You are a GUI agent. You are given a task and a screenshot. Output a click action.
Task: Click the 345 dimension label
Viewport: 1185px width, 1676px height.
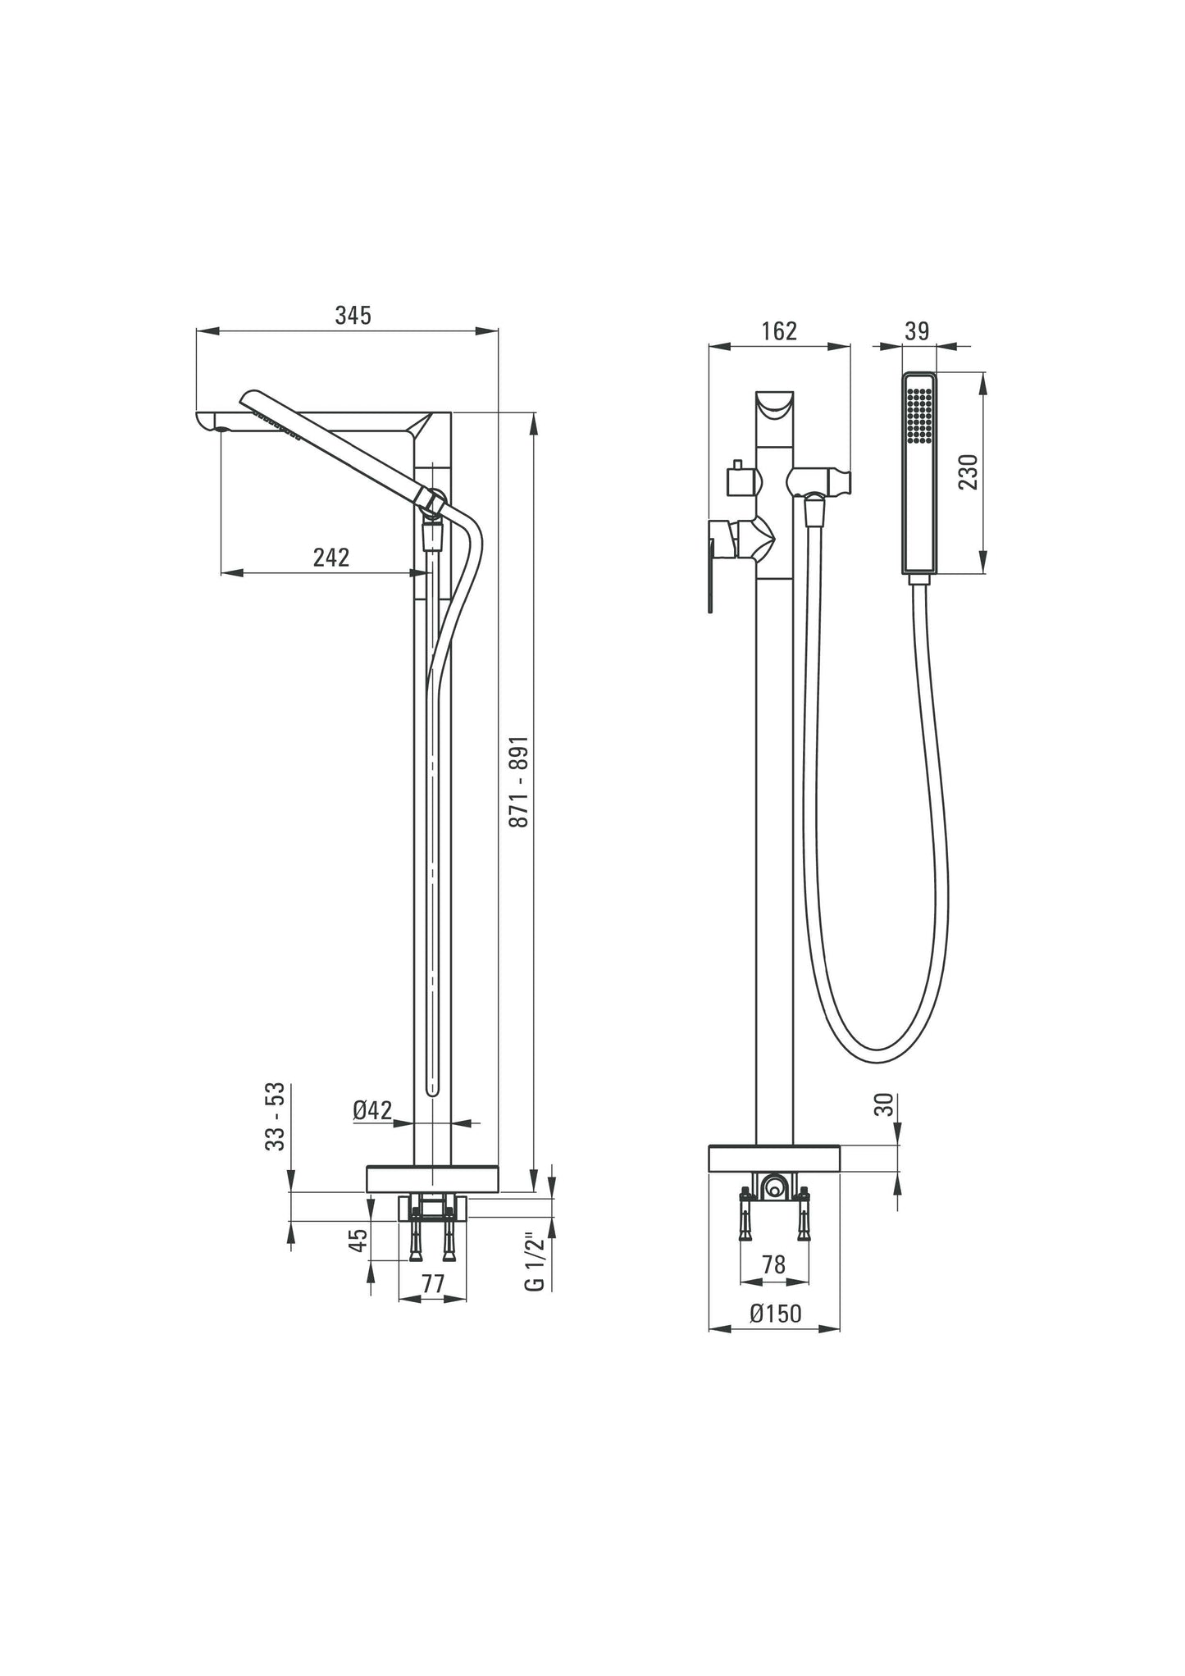point(353,315)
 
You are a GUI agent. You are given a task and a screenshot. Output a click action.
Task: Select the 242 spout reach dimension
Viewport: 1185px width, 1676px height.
point(331,558)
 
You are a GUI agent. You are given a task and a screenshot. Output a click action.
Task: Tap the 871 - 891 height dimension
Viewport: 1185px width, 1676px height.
point(520,791)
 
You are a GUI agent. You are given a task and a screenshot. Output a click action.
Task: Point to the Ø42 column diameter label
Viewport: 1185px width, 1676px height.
point(372,1110)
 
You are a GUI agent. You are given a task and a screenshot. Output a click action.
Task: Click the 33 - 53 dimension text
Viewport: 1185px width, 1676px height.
point(276,1116)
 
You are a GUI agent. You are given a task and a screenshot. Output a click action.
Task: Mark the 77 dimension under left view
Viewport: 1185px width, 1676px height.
point(432,1284)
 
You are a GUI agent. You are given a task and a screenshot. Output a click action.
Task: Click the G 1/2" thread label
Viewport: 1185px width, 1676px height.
point(534,1261)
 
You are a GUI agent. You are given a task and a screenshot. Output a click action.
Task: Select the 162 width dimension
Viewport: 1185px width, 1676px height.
point(778,331)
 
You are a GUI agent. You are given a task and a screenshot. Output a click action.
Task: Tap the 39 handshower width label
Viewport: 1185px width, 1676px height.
point(917,331)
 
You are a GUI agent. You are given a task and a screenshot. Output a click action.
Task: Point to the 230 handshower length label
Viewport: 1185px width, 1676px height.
point(969,471)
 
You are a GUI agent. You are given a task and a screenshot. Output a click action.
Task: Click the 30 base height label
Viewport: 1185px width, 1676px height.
point(882,1104)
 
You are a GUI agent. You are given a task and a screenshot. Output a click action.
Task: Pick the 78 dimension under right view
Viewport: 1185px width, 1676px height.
point(773,1264)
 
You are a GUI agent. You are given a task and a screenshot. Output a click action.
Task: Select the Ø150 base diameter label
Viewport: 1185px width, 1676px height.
point(775,1314)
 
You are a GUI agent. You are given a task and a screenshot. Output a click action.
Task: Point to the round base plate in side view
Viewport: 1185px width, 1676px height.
point(432,1177)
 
